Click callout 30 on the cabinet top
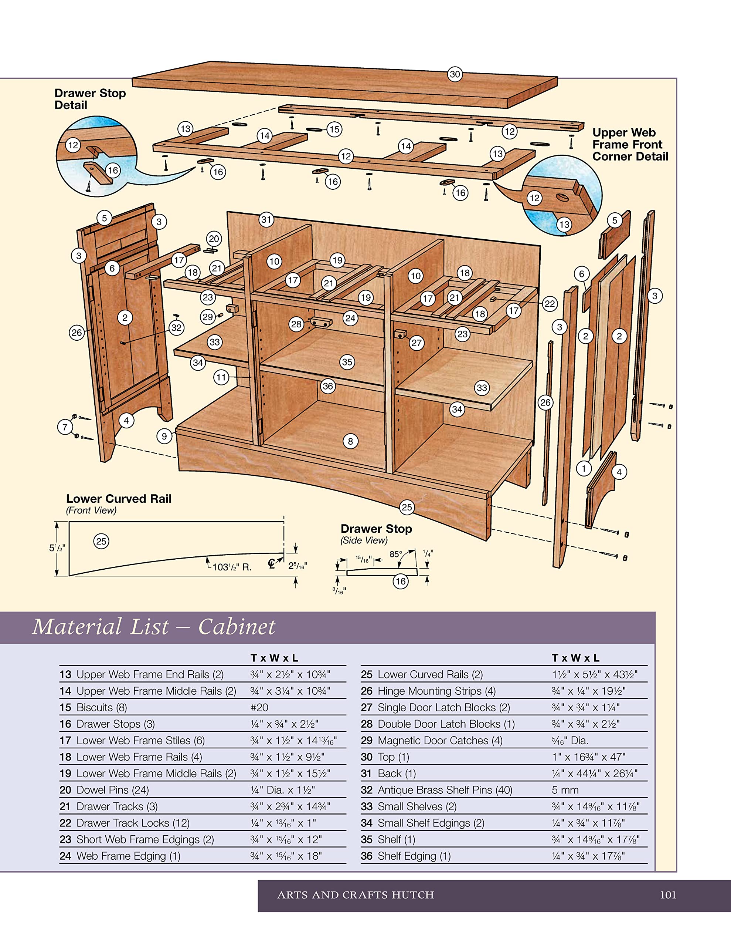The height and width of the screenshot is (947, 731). [x=455, y=74]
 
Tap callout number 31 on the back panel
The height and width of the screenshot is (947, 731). [x=266, y=219]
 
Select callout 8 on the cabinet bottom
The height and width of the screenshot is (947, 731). [x=350, y=441]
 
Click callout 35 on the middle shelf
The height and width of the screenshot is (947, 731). [x=347, y=362]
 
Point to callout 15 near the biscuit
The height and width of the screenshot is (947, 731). [x=334, y=129]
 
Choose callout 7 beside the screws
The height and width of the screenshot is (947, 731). [x=65, y=427]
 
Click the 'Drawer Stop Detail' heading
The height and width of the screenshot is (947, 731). [x=90, y=99]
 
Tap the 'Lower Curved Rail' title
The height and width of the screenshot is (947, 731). [x=119, y=499]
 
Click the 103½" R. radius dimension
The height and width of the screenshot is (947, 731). [x=231, y=567]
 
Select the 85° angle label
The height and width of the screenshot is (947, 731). [x=395, y=554]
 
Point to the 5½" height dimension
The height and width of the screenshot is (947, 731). [x=57, y=548]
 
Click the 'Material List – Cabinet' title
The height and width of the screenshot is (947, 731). [x=153, y=627]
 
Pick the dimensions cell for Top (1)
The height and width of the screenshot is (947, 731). [x=588, y=757]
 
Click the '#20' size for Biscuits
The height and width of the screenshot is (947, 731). [x=259, y=708]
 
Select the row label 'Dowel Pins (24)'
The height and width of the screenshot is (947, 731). [x=112, y=790]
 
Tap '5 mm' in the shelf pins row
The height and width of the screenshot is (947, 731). [x=565, y=790]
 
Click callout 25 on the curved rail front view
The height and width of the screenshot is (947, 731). [x=101, y=541]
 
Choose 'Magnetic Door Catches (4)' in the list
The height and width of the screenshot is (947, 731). [x=440, y=741]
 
